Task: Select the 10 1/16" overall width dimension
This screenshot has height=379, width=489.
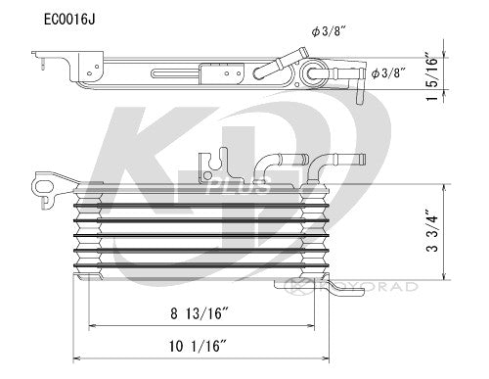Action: pos(198,346)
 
